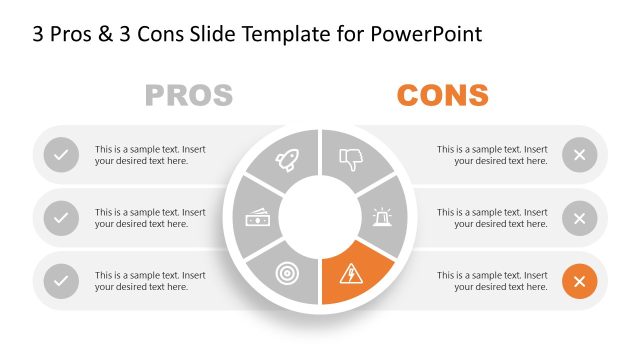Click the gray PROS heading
(x=188, y=96)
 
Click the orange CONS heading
(x=442, y=96)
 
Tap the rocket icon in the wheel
(x=287, y=159)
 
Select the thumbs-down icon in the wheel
(x=350, y=158)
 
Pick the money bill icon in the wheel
(x=256, y=216)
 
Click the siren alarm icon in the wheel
(x=382, y=217)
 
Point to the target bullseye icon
(x=288, y=271)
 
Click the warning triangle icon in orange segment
(x=352, y=271)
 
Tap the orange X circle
(x=579, y=281)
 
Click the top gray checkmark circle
(x=61, y=155)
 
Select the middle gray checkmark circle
(x=61, y=218)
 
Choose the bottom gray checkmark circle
(x=61, y=281)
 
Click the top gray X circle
(x=579, y=155)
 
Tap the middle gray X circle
(x=579, y=218)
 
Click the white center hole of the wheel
(x=319, y=215)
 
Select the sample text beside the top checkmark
(x=150, y=155)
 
